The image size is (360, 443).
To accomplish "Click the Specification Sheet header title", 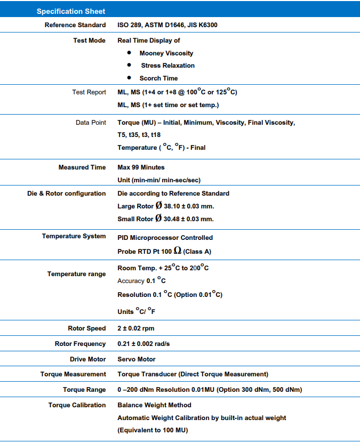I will point(70,11).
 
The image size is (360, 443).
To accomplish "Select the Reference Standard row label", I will point(75,25).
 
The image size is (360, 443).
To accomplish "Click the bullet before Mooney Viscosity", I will point(129,53).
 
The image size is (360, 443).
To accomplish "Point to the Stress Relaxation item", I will point(167,66).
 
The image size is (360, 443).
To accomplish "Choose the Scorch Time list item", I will point(158,78).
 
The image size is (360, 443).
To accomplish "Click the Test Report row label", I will point(89,92).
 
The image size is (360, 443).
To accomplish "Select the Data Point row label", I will point(91,123).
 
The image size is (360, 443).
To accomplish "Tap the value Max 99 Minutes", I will point(141,167).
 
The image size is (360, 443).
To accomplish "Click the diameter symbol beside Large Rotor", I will point(158,205).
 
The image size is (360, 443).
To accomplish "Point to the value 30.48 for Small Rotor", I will point(174,219).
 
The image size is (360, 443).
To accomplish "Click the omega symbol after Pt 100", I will point(177,251).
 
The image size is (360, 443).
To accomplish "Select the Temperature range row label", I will point(76,274).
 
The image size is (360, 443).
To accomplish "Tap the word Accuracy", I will point(131,281).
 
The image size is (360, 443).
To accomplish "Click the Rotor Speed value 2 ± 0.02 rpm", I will point(136,328).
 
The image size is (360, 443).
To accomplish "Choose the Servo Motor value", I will point(137,359).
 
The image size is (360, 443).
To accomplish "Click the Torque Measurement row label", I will point(73,374).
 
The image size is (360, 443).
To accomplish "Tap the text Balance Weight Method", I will point(154,405).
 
